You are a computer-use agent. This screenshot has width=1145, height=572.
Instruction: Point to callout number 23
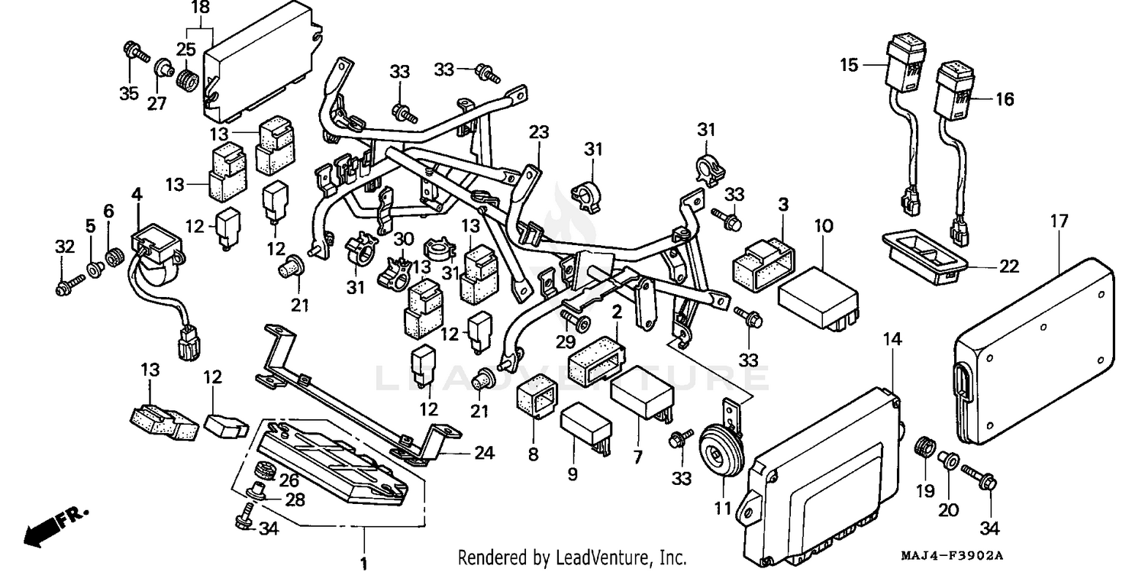pyautogui.click(x=539, y=132)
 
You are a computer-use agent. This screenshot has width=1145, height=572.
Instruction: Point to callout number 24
pyautogui.click(x=484, y=454)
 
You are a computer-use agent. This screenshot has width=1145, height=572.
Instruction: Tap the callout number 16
pyautogui.click(x=1005, y=99)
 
